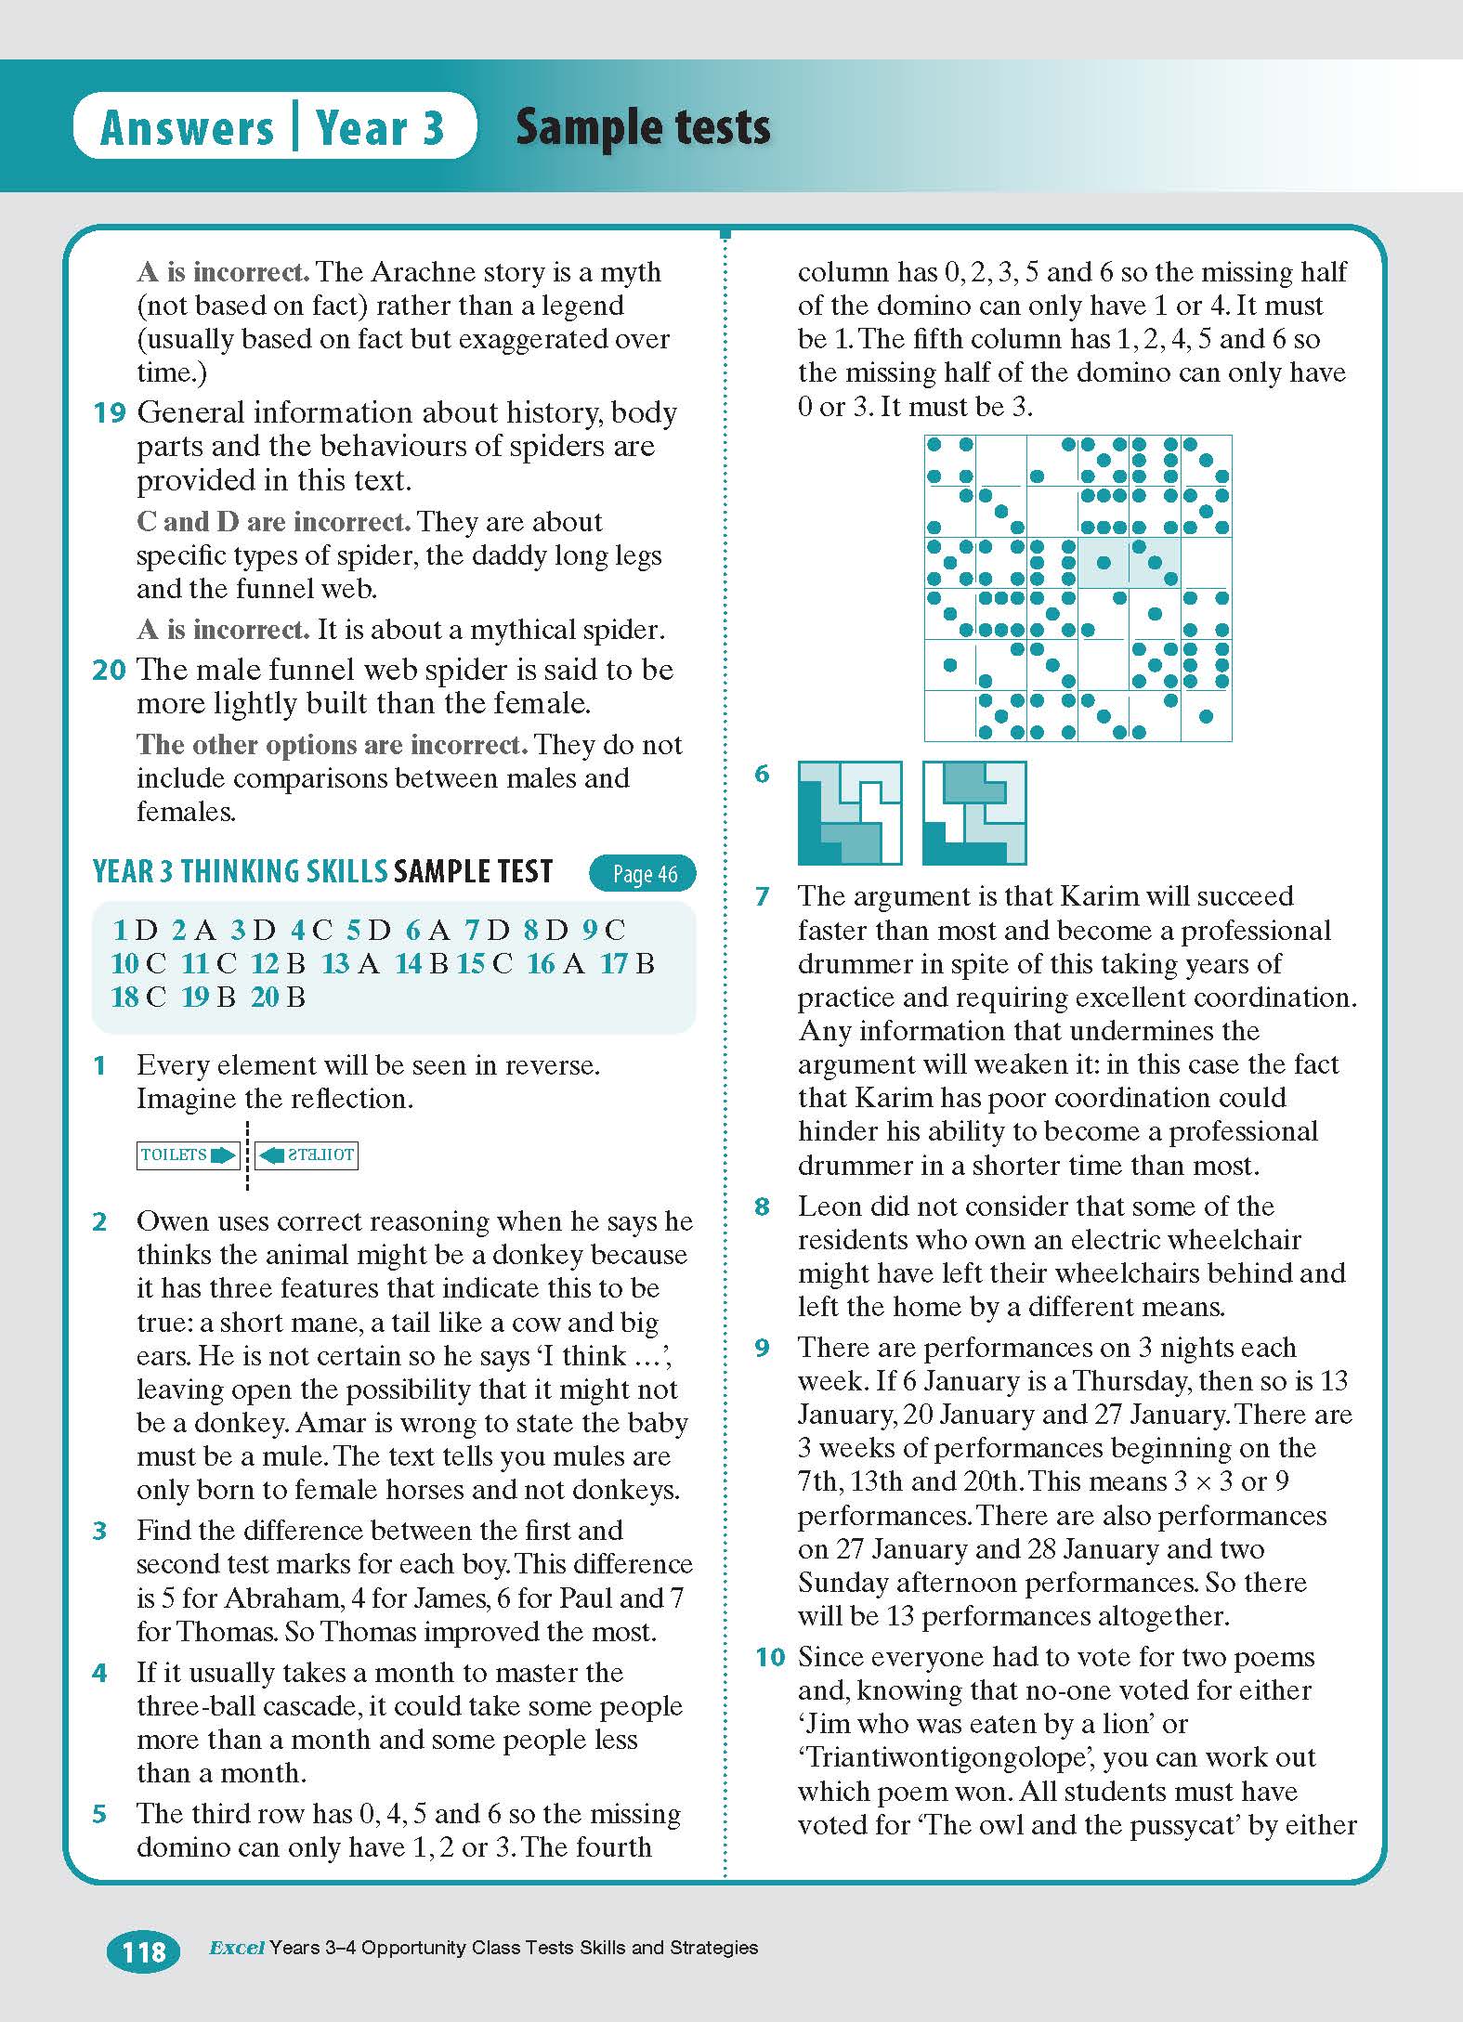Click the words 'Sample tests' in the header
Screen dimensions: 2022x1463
tap(643, 127)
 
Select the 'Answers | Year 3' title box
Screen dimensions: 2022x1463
tap(274, 127)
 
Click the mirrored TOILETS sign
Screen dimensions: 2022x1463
tap(307, 1155)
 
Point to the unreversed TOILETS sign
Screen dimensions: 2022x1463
tap(188, 1155)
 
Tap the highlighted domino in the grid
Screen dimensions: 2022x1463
tap(1129, 562)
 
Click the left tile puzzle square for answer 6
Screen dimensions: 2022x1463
tap(850, 813)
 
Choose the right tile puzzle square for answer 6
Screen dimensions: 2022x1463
tap(974, 813)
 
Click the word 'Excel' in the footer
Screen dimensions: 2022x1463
tap(237, 1948)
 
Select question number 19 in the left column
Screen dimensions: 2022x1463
tap(109, 412)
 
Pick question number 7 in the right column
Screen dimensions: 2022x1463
tap(763, 896)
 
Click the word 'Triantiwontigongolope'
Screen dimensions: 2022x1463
tap(962, 1757)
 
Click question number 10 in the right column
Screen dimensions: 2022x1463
tap(770, 1657)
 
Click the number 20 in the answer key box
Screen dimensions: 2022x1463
tap(265, 998)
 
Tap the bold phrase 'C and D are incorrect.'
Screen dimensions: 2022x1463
tap(273, 521)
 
